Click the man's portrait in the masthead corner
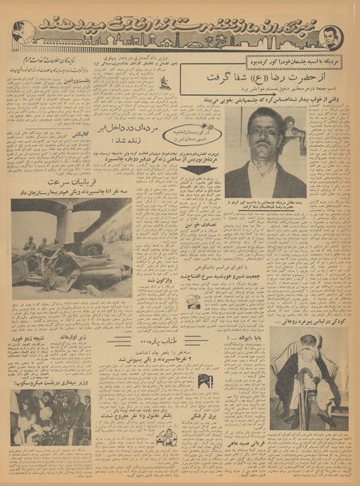329,35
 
